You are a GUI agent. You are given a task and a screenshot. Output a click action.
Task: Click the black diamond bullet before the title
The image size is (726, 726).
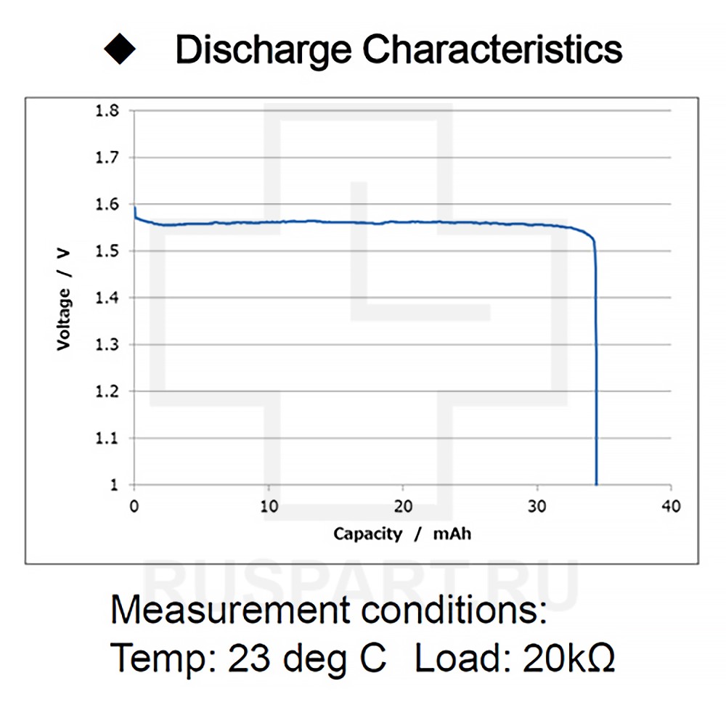[120, 49]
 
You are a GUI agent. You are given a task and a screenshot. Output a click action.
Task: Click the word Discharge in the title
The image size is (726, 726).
[264, 49]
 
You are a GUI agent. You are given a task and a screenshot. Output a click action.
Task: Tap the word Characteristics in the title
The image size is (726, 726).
[492, 49]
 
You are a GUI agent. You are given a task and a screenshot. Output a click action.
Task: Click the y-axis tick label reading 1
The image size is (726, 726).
[114, 485]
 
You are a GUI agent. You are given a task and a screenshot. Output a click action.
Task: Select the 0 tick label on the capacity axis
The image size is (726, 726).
[134, 507]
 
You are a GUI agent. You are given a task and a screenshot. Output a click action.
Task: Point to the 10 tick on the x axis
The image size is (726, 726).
[269, 507]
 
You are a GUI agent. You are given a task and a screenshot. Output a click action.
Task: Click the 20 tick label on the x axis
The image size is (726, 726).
[403, 507]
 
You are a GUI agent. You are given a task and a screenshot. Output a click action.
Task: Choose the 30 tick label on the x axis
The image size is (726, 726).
[537, 507]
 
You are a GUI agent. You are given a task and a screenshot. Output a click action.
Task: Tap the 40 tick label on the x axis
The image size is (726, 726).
[672, 507]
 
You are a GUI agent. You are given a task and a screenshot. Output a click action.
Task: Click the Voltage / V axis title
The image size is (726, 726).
[65, 298]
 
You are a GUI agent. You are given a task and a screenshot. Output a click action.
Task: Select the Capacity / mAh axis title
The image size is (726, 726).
[402, 534]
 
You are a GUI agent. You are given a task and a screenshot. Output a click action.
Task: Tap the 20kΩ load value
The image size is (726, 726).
[568, 658]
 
